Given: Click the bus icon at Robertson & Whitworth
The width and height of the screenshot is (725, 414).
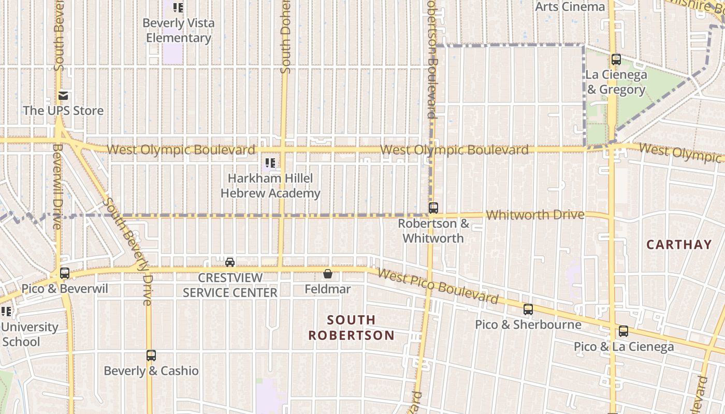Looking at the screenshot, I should tap(433, 208).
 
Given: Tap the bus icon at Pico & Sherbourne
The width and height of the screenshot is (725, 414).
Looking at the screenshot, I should tap(528, 309).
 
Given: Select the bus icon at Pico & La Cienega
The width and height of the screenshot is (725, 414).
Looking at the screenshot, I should tap(624, 331).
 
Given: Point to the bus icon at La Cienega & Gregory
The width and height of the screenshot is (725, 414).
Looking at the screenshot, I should tap(616, 60).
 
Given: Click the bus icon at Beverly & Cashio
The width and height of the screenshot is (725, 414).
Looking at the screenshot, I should tap(151, 356).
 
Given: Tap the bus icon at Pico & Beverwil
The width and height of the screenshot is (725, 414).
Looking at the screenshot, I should tap(65, 273).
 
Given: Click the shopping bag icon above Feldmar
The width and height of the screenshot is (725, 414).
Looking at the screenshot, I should tap(328, 274).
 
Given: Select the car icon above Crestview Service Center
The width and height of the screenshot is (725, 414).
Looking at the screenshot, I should tap(230, 262).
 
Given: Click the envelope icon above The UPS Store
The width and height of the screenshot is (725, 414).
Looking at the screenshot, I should tap(63, 96).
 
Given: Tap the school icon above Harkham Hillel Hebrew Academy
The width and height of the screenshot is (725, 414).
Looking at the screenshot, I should tap(270, 163).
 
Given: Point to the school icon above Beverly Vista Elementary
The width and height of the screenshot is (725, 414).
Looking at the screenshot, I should tap(178, 8).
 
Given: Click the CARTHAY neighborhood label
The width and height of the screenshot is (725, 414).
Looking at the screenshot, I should tap(679, 245).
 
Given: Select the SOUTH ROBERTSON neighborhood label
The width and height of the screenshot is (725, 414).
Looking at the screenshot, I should tap(352, 328).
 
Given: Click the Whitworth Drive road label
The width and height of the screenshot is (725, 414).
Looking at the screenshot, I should tap(535, 215).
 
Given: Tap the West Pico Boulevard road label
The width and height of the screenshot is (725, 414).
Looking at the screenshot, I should tap(438, 286).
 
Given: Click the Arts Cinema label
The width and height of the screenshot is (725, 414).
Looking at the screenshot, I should tap(570, 7).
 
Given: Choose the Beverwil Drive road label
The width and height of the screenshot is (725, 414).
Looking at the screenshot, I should tap(57, 186).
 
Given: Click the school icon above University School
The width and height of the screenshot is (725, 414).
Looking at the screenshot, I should tap(7, 312).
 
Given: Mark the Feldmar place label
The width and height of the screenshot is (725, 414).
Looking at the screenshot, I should tap(328, 289).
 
